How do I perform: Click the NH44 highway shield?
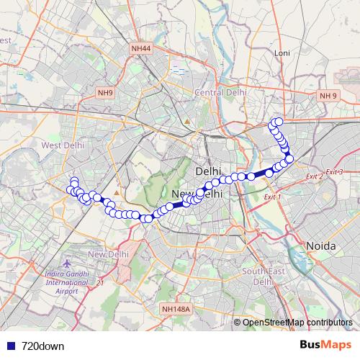[x=140, y=48]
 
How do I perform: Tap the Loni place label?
[x=281, y=53]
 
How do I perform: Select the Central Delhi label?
[x=221, y=93]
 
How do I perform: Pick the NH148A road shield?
[x=176, y=309]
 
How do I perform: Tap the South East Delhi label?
[x=258, y=276]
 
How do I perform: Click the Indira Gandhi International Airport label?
[x=58, y=276]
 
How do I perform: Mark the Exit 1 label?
[x=272, y=197]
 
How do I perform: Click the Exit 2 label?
[x=314, y=176]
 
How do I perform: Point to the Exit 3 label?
[x=333, y=171]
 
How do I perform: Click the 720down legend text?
[x=42, y=346]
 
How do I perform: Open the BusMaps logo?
[x=325, y=345]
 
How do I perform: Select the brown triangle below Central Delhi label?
[x=187, y=120]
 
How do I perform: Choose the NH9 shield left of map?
[x=106, y=93]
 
